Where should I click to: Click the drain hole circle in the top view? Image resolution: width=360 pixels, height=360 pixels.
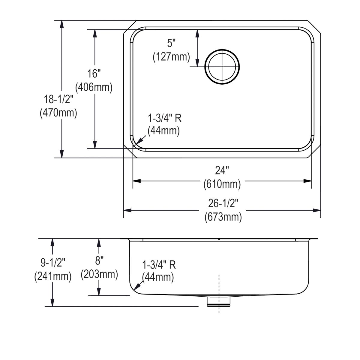[x=222, y=66]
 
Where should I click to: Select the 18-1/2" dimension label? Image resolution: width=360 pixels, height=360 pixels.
[x=58, y=98]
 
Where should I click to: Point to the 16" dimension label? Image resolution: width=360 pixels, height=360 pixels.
[x=94, y=73]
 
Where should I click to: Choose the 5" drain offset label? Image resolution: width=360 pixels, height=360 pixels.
[x=171, y=43]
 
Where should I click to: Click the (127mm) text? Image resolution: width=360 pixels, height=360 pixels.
[x=171, y=57]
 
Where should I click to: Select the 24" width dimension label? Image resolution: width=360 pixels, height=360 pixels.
[x=222, y=170]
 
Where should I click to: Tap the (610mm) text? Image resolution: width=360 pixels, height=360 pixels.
[x=222, y=184]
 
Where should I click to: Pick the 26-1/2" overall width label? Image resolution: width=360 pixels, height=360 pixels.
[x=223, y=203]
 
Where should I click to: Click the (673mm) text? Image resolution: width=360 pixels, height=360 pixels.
[x=223, y=217]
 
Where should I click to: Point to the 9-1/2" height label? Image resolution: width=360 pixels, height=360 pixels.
[x=53, y=262]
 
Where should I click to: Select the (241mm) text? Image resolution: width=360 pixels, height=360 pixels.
[x=53, y=276]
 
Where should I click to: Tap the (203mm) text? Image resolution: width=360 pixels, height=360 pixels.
[x=99, y=274]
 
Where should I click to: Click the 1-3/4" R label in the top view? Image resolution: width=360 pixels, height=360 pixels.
[x=165, y=118]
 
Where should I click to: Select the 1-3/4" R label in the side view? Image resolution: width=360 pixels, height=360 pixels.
[x=159, y=265]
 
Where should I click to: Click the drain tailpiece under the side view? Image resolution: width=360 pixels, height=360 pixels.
[x=218, y=301]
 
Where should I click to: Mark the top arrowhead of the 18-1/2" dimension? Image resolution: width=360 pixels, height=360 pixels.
[x=62, y=24]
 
